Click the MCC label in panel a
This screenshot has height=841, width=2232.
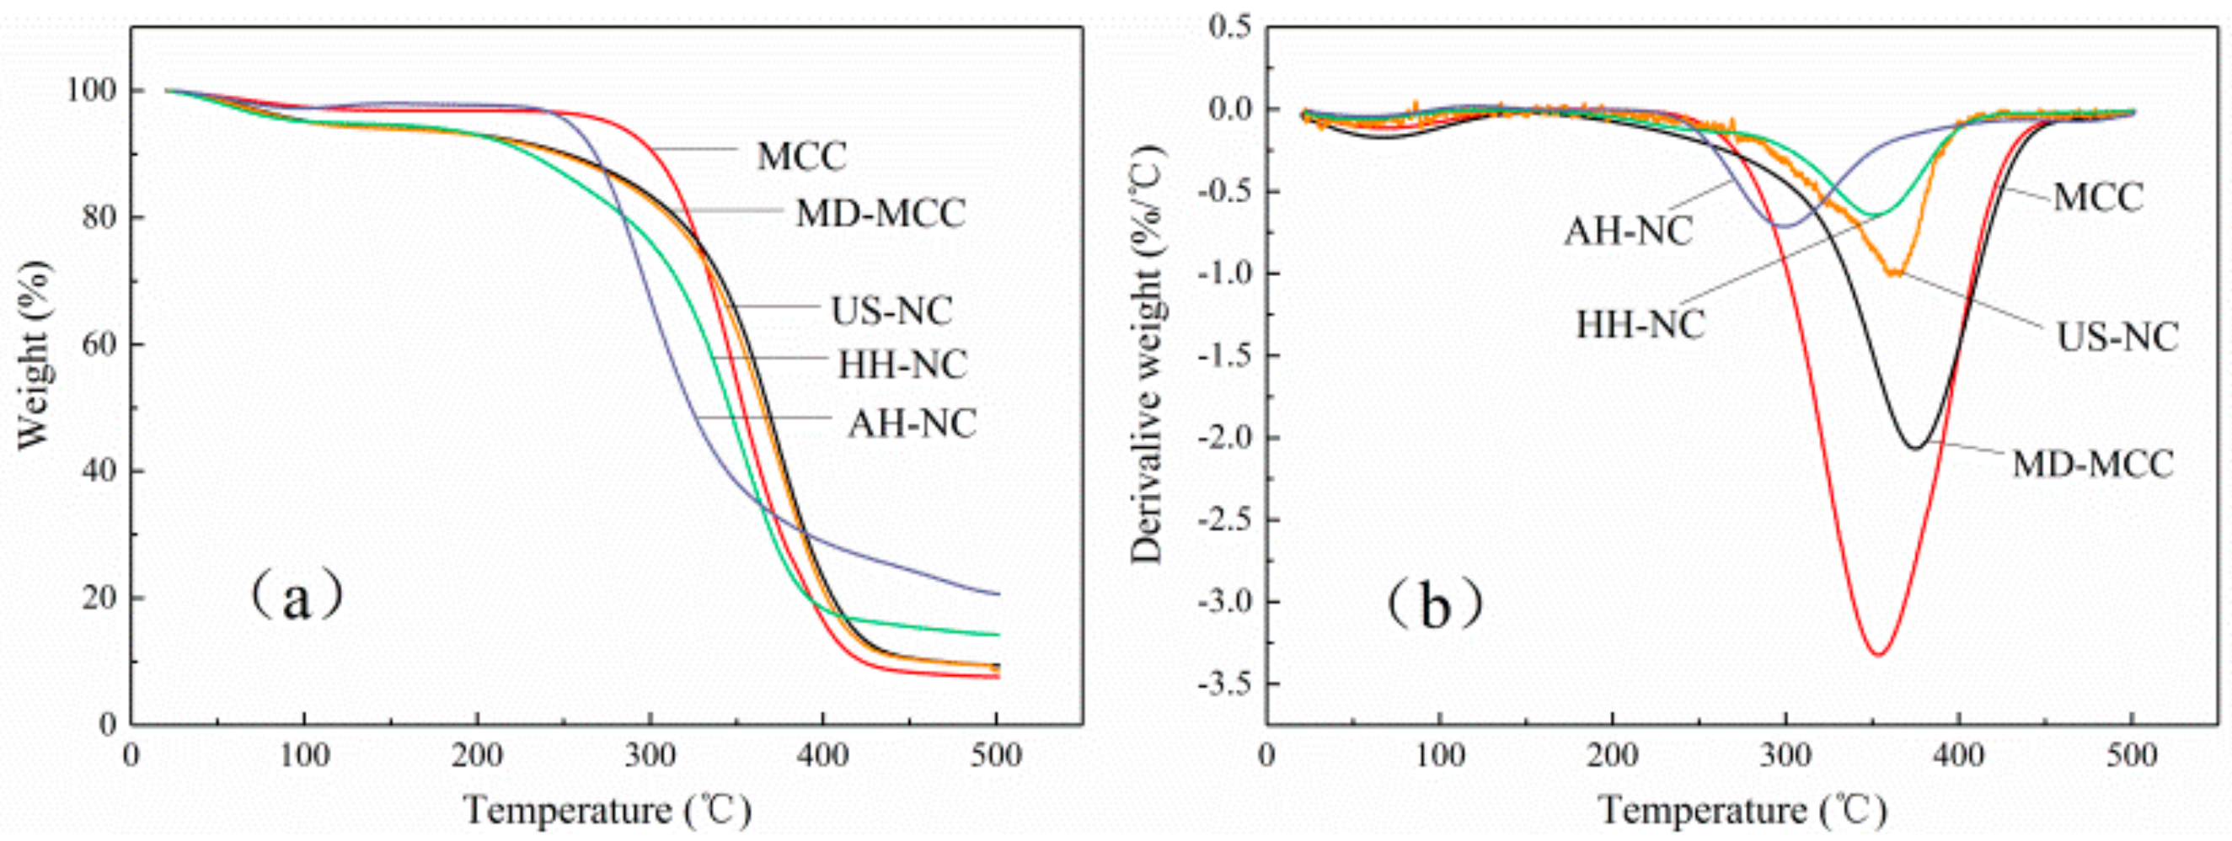(x=801, y=157)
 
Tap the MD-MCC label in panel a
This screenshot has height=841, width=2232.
(x=880, y=213)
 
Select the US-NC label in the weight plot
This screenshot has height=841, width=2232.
(x=891, y=310)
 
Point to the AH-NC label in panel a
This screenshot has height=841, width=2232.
(x=912, y=423)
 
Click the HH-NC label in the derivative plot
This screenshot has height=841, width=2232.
(x=1641, y=325)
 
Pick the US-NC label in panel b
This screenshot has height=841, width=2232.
(x=2117, y=337)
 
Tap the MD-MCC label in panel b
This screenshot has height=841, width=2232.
(x=2092, y=464)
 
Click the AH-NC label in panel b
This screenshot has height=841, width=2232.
(x=1628, y=232)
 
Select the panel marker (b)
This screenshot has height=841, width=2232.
(x=1434, y=605)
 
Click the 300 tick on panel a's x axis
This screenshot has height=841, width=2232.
(x=650, y=755)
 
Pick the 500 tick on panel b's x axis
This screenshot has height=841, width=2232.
(x=2132, y=755)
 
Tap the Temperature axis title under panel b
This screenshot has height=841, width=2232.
(x=1742, y=811)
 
